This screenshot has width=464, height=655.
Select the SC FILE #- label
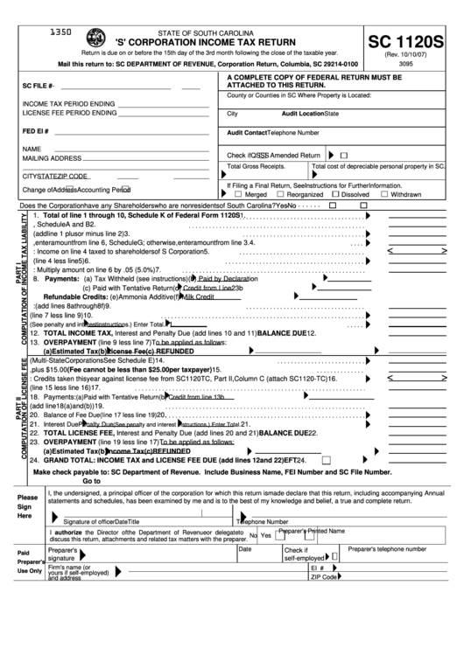tap(39, 87)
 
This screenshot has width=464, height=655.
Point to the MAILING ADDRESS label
tap(53, 158)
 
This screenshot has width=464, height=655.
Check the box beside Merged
tap(231, 194)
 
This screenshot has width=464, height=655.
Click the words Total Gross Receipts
tap(256, 165)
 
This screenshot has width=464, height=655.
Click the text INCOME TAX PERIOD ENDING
tap(68, 103)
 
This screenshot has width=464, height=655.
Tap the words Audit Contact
tap(247, 133)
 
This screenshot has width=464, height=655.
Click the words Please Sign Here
tap(26, 506)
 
